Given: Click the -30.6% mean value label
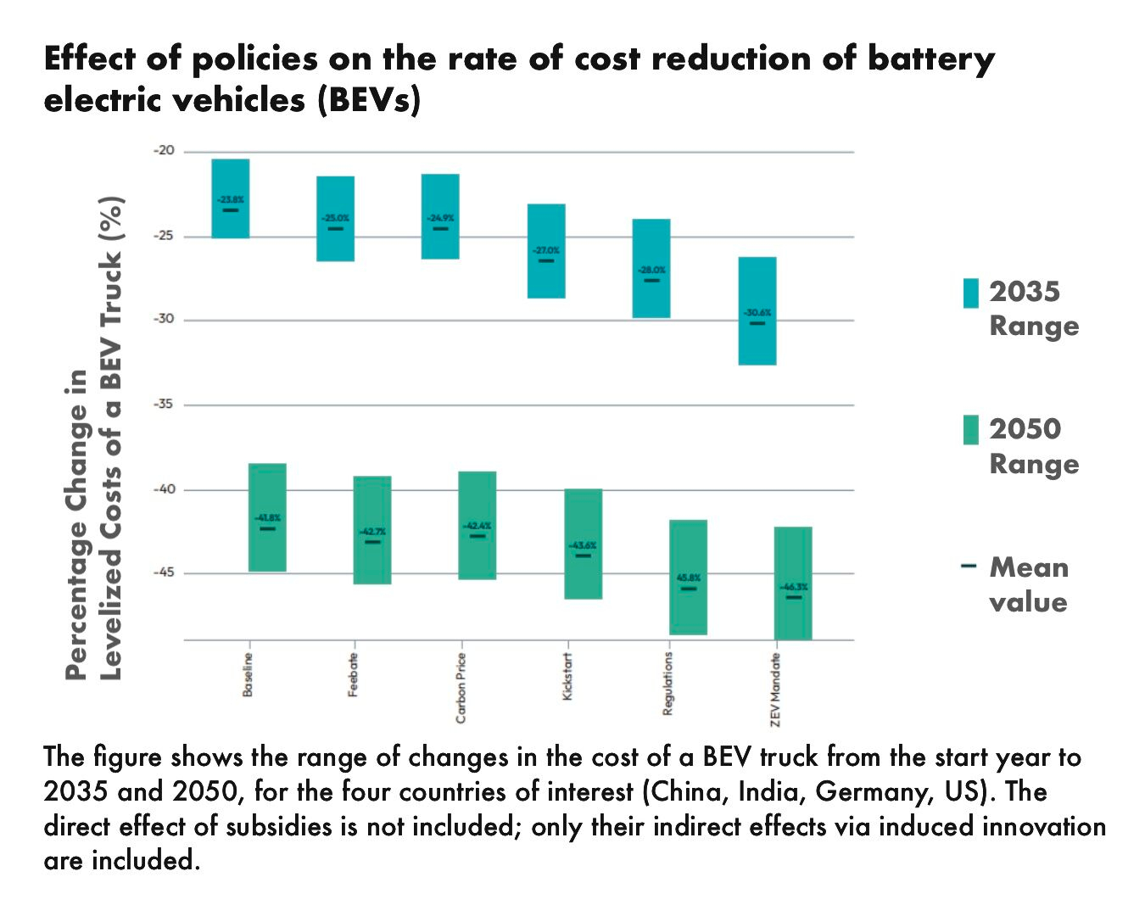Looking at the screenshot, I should click(x=757, y=313).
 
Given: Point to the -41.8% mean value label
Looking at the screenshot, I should click(x=267, y=517).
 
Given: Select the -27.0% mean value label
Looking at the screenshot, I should click(x=546, y=250).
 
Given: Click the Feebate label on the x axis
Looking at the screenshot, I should click(x=354, y=675).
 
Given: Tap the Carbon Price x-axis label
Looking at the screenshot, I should click(x=461, y=688).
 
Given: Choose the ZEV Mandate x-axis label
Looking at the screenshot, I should click(x=775, y=690).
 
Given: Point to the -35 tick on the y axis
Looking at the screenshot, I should click(x=164, y=404).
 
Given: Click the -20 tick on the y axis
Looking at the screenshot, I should click(x=164, y=151).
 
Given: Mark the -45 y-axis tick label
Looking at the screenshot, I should click(x=164, y=572).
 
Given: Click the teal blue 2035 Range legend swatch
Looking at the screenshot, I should click(x=970, y=293).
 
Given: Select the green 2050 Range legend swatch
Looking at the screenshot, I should click(x=970, y=430).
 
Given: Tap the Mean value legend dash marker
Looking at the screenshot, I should click(x=969, y=566).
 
